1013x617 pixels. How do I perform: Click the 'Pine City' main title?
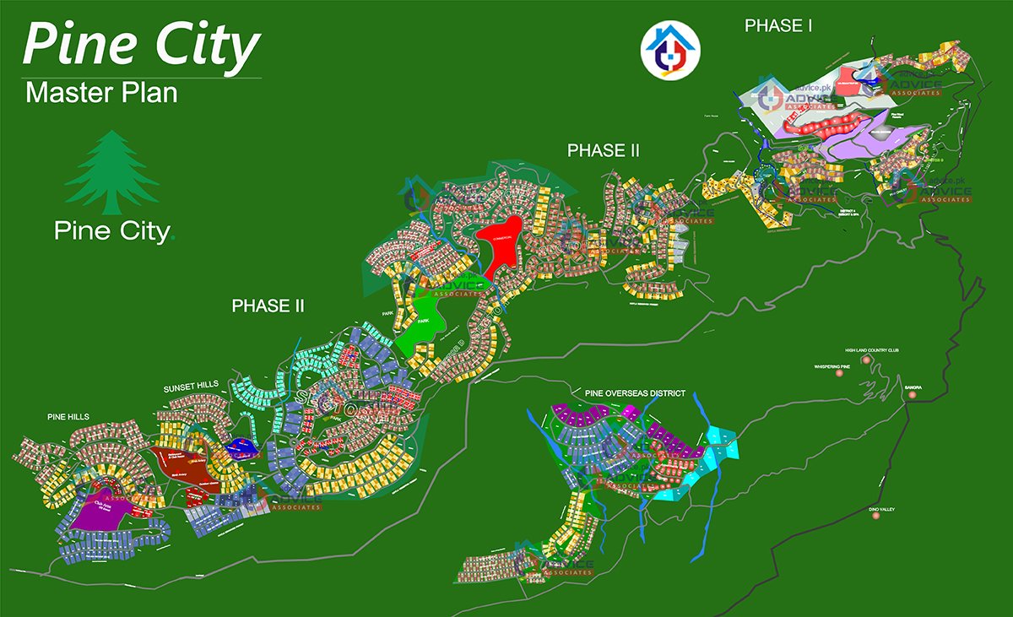coord(141,46)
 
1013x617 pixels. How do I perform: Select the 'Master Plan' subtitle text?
coord(102,92)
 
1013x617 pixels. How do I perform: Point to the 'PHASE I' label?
coord(777,26)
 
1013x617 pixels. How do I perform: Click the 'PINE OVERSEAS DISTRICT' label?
coord(634,393)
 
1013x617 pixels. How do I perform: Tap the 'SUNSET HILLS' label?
coord(191,386)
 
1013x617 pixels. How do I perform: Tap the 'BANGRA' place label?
coord(913,387)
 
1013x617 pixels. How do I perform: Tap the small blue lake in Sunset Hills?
coord(240,446)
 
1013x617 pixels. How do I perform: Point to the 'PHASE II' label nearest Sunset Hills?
coord(268,306)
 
